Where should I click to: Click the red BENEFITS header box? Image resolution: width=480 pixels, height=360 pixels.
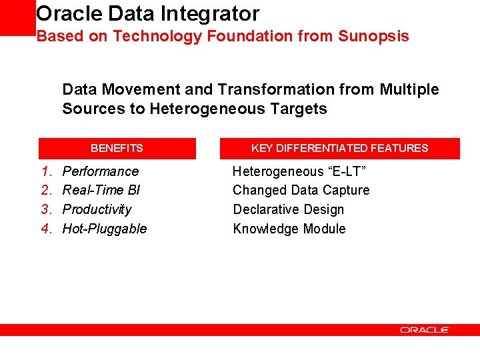pos(117,148)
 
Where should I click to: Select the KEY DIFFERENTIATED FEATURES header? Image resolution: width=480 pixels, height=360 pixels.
pos(339,148)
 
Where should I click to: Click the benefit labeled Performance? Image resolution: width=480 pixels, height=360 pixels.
pos(101,171)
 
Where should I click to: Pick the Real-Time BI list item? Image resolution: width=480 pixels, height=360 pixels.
pos(101,191)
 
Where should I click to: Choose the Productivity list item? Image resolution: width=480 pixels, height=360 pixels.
pos(97,209)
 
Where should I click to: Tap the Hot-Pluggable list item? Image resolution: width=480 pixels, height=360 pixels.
pos(105,229)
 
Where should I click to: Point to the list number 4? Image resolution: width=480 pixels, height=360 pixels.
pos(46,229)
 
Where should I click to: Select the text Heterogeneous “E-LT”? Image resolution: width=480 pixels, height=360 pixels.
pos(299,171)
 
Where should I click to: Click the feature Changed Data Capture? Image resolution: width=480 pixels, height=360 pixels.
pos(301,191)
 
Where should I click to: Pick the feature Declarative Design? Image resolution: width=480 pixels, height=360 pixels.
pos(289,209)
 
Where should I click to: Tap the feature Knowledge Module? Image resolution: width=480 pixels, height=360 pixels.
pos(289,229)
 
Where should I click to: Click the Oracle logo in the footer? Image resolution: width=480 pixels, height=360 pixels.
pos(425,330)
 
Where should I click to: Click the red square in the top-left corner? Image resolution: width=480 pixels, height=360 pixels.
pos(17,17)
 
